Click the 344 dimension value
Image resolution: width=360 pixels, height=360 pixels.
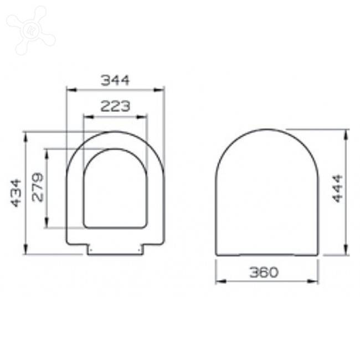(115, 80)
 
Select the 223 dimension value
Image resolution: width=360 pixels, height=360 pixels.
(115, 106)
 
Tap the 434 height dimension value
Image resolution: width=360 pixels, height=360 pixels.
(16, 193)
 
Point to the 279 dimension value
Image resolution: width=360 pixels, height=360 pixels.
(38, 187)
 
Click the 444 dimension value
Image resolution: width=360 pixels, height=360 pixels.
(337, 189)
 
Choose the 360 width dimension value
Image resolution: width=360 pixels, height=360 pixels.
(264, 272)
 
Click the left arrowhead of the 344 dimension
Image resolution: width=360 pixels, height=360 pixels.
(71, 90)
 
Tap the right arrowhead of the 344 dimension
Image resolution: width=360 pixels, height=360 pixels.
(159, 90)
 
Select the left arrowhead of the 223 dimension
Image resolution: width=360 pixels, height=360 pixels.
(89, 117)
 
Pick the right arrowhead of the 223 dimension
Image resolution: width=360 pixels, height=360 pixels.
(142, 117)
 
